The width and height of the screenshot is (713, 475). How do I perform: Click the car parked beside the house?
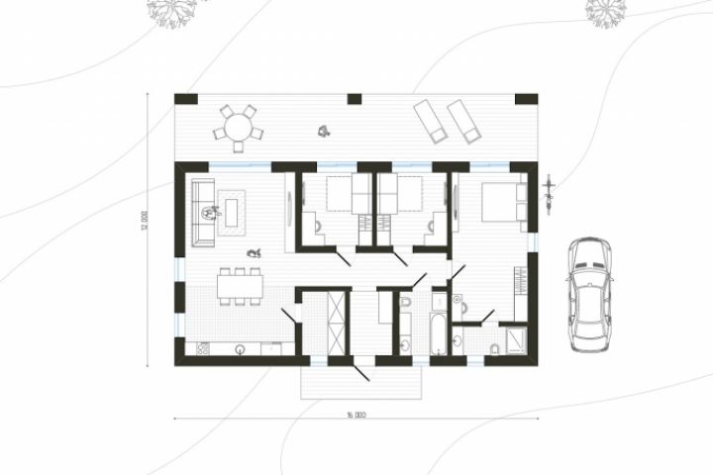(x=590, y=295)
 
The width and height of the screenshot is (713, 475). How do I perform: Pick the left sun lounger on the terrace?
(x=430, y=122)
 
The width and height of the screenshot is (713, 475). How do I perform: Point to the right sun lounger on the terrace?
(x=463, y=122)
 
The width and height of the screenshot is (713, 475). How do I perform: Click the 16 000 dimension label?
(x=356, y=415)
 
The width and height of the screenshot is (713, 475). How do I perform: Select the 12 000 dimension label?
(x=145, y=222)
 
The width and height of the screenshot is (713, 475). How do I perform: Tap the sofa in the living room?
(x=203, y=213)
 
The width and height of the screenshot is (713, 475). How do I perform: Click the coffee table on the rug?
(x=232, y=213)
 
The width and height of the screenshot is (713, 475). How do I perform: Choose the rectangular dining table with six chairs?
(x=240, y=286)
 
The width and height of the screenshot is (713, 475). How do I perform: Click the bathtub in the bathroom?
(x=439, y=333)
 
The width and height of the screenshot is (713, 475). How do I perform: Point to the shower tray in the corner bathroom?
(x=516, y=340)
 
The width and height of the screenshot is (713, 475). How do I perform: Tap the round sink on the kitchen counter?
(x=240, y=349)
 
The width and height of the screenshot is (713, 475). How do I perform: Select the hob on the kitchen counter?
(x=203, y=348)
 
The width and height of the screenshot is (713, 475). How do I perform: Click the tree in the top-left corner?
(x=172, y=11)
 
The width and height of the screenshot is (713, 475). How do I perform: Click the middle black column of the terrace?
(x=355, y=99)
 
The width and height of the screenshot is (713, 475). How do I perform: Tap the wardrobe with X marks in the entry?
(x=337, y=323)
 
